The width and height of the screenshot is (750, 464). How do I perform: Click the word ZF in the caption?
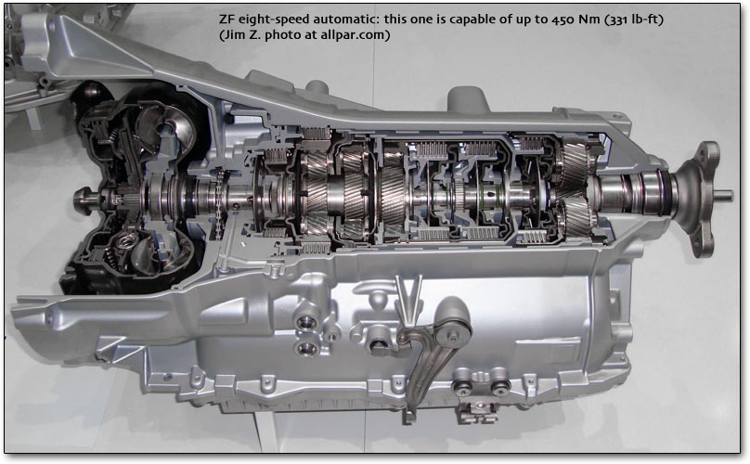tap(226, 19)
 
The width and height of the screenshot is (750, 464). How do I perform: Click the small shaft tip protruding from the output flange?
tap(723, 194)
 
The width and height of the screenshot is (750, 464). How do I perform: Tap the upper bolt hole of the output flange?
tap(703, 154)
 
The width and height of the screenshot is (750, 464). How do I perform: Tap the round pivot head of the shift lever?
tap(452, 318)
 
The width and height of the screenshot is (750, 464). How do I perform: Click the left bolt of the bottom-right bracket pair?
tap(462, 388)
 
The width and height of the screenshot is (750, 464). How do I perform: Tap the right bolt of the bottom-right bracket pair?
tap(498, 388)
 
